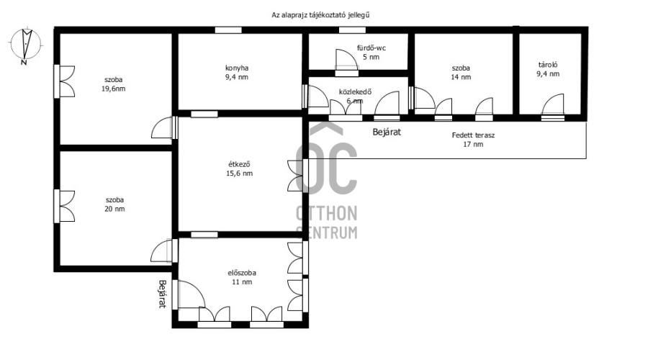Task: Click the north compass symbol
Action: [x=26, y=45]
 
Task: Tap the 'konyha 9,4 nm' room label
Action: [x=237, y=73]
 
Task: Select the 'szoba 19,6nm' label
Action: [x=113, y=84]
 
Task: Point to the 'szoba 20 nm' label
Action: [x=114, y=204]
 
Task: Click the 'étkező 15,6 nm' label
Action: [x=240, y=168]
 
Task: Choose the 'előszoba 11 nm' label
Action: [x=242, y=277]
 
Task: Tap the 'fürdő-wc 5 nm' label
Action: [x=371, y=52]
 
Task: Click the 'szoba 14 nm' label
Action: [x=461, y=73]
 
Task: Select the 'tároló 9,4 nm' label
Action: [x=548, y=70]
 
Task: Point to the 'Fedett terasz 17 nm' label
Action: [x=474, y=140]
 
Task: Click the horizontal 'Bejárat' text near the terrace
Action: [x=387, y=132]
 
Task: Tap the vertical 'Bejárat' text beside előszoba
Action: [x=163, y=294]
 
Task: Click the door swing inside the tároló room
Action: [x=553, y=104]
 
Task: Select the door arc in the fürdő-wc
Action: [x=347, y=60]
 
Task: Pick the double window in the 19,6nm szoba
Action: [x=65, y=81]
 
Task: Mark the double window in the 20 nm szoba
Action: [x=65, y=206]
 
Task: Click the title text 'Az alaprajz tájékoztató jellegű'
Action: [x=320, y=15]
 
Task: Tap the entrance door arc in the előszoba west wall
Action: [x=192, y=294]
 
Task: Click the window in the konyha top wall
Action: [x=228, y=30]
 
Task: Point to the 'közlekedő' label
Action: [x=355, y=92]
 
